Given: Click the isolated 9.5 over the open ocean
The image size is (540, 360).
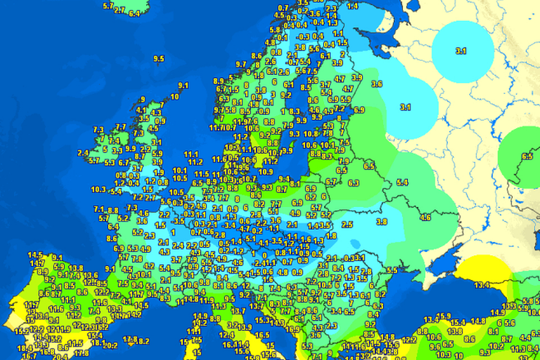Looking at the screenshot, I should (160, 57).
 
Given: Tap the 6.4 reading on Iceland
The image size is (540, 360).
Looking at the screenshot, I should (135, 13).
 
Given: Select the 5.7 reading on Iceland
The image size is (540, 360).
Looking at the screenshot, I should (108, 6).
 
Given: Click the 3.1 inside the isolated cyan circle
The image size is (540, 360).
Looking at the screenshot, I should (461, 52).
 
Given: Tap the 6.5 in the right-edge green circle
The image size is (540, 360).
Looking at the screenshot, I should (527, 155).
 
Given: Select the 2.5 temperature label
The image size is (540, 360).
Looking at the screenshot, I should (347, 224).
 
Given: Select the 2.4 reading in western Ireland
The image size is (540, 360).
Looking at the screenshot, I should (82, 153).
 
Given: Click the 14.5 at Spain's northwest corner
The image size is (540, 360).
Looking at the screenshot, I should (35, 254).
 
